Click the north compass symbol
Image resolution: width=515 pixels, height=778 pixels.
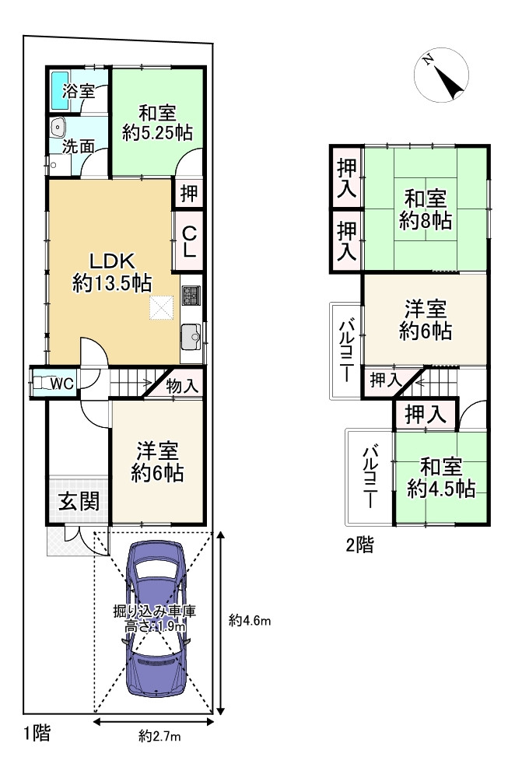click(x=441, y=75)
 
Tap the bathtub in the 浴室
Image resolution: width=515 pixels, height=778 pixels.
click(x=60, y=91)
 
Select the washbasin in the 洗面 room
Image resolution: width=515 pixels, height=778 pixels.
click(x=58, y=128)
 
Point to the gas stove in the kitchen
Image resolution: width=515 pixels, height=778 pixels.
click(x=191, y=295)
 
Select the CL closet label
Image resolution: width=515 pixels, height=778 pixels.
click(x=188, y=242)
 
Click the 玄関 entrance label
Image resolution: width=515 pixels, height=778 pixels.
click(x=79, y=501)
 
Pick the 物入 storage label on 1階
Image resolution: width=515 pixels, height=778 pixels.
click(x=182, y=386)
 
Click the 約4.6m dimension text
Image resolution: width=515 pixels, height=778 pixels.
click(x=250, y=620)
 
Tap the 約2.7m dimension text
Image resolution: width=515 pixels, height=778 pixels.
click(x=159, y=736)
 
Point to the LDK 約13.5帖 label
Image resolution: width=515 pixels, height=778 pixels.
click(x=112, y=272)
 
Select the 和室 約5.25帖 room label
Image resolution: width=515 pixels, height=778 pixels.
click(x=157, y=123)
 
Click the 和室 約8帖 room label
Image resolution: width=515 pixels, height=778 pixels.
click(x=426, y=209)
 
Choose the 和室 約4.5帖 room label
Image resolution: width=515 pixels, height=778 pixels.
click(x=441, y=478)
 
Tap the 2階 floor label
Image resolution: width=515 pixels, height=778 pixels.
click(x=359, y=545)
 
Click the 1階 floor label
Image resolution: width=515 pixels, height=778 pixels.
click(x=37, y=733)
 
